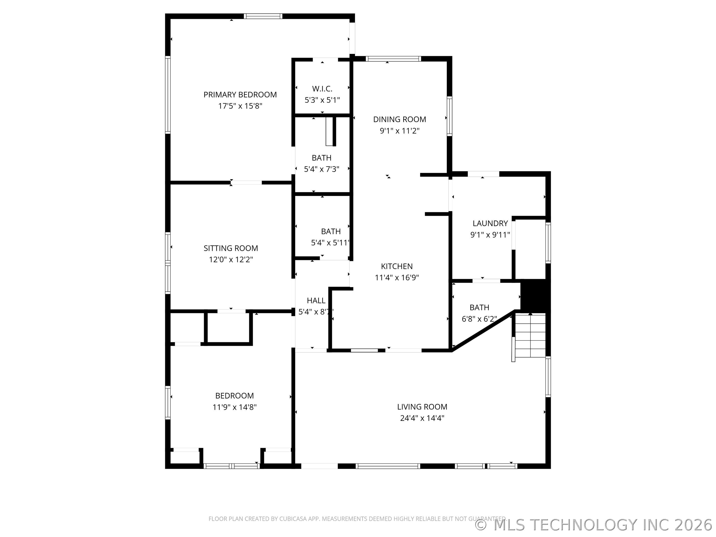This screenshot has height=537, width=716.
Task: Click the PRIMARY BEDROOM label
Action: coord(240,94)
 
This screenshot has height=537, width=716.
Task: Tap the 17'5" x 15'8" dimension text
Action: coord(240,106)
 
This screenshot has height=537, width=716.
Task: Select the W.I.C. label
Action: coord(322,89)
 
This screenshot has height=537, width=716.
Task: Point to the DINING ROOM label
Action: coord(400,119)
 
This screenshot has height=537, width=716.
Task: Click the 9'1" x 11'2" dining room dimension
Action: coord(400,131)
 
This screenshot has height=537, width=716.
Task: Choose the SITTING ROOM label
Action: coord(231,248)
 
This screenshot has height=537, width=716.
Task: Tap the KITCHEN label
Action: coord(397,267)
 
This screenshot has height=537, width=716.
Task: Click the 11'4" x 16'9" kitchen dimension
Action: coord(397,277)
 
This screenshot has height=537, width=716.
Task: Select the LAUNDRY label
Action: coord(490,223)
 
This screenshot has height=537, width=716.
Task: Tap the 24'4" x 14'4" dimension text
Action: coord(422,418)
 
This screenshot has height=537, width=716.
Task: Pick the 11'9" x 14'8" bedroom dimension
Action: coord(234,407)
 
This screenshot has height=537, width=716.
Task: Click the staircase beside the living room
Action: coord(530,335)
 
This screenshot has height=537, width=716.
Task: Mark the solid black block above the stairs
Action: coord(535,295)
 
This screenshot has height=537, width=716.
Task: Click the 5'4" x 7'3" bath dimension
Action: coord(321,169)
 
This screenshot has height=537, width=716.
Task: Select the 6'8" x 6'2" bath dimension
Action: coord(479,319)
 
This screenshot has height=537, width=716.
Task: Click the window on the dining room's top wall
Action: coord(393,59)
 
